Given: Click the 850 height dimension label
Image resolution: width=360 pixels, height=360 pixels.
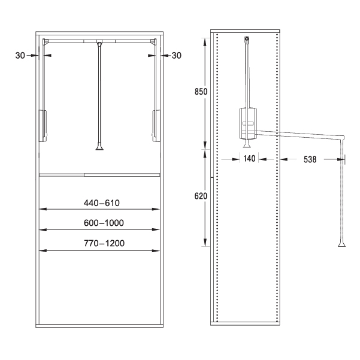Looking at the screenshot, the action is point(201,92).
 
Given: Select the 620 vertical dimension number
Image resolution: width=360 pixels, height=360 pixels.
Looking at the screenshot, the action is point(201,196).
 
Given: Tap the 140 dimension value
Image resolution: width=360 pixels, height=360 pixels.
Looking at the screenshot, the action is point(249,158).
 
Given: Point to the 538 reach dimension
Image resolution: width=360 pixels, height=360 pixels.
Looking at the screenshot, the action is point(310,159).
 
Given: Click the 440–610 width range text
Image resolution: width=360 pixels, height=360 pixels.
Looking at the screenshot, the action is point(102,203).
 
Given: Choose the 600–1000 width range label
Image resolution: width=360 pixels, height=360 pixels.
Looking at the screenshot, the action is point(104,223).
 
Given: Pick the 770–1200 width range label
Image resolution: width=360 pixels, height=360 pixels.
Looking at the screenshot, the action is point(104,243).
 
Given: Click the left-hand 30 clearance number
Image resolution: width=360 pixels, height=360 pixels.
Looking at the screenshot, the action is point(20,55).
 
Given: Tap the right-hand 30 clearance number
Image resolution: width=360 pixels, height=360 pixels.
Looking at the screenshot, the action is point(177,55).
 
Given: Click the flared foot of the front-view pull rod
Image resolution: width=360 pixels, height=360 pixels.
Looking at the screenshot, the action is point(99,146).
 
